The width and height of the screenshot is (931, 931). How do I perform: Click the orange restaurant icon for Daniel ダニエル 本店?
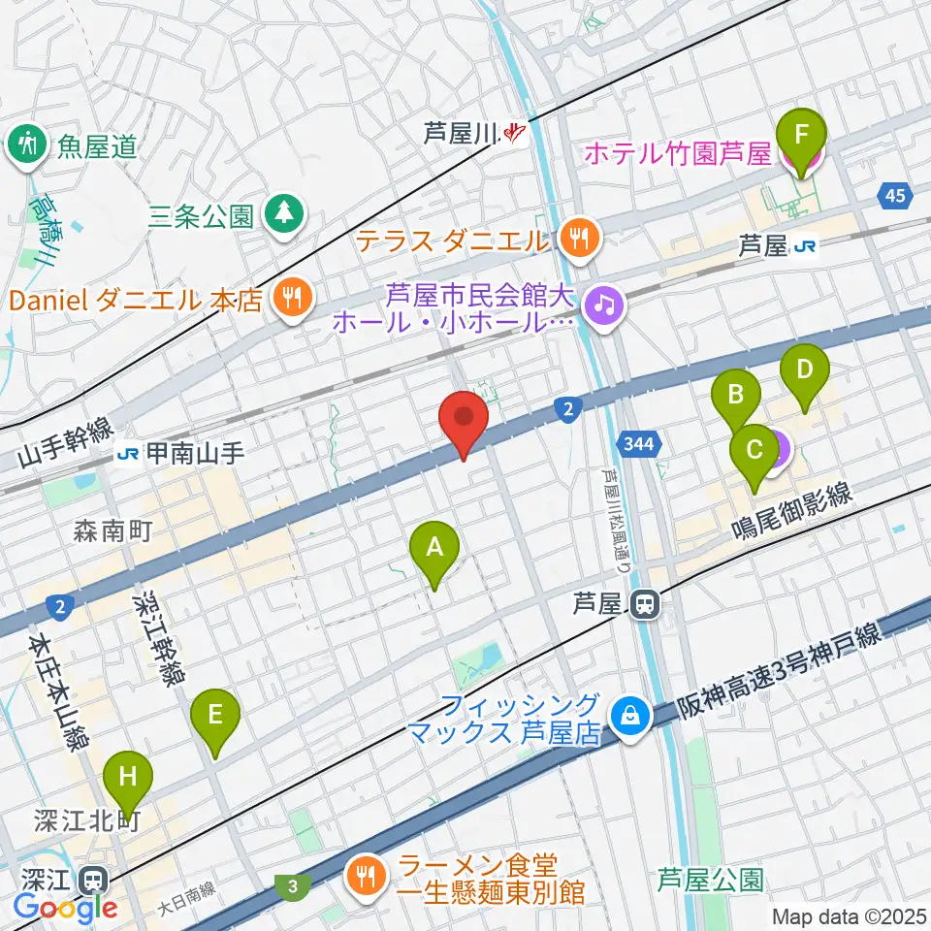point(290,297)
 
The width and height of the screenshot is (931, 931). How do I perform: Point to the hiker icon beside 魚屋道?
point(26,144)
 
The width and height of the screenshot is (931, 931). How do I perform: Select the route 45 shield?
point(895,197)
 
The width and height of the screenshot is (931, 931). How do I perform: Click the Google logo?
point(66,909)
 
